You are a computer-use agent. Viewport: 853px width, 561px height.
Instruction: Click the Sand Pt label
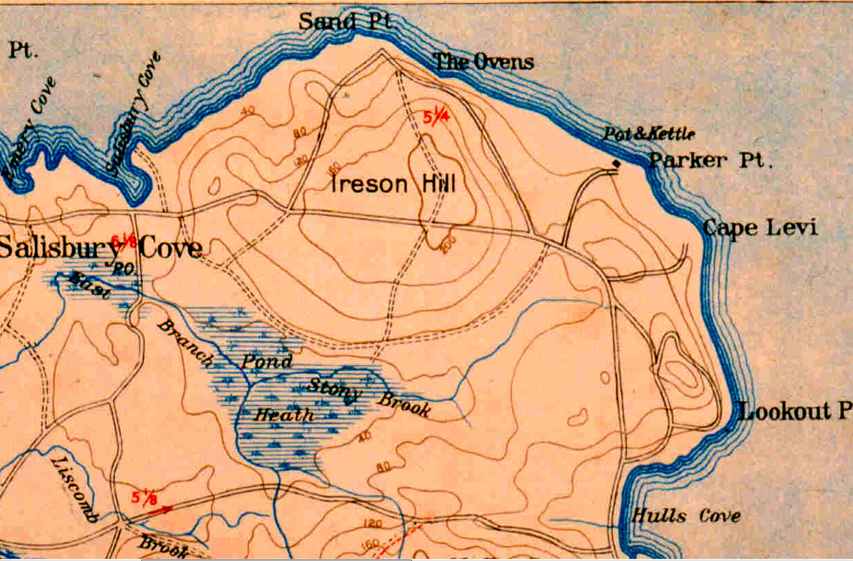tap(345, 21)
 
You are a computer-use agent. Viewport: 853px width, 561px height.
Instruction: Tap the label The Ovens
tap(483, 62)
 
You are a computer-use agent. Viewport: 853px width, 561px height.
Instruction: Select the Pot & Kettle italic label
tap(649, 134)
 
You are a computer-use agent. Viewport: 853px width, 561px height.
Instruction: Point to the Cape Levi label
tap(760, 228)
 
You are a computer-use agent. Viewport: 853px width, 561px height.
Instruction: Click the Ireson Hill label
tap(394, 184)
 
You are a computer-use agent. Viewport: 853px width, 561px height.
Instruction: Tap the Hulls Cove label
tap(686, 516)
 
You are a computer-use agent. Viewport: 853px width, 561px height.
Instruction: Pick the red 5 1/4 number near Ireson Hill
tap(435, 118)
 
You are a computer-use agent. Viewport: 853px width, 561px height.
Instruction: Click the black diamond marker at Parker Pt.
tap(616, 163)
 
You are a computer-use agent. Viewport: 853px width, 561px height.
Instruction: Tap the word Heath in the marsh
tap(284, 414)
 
